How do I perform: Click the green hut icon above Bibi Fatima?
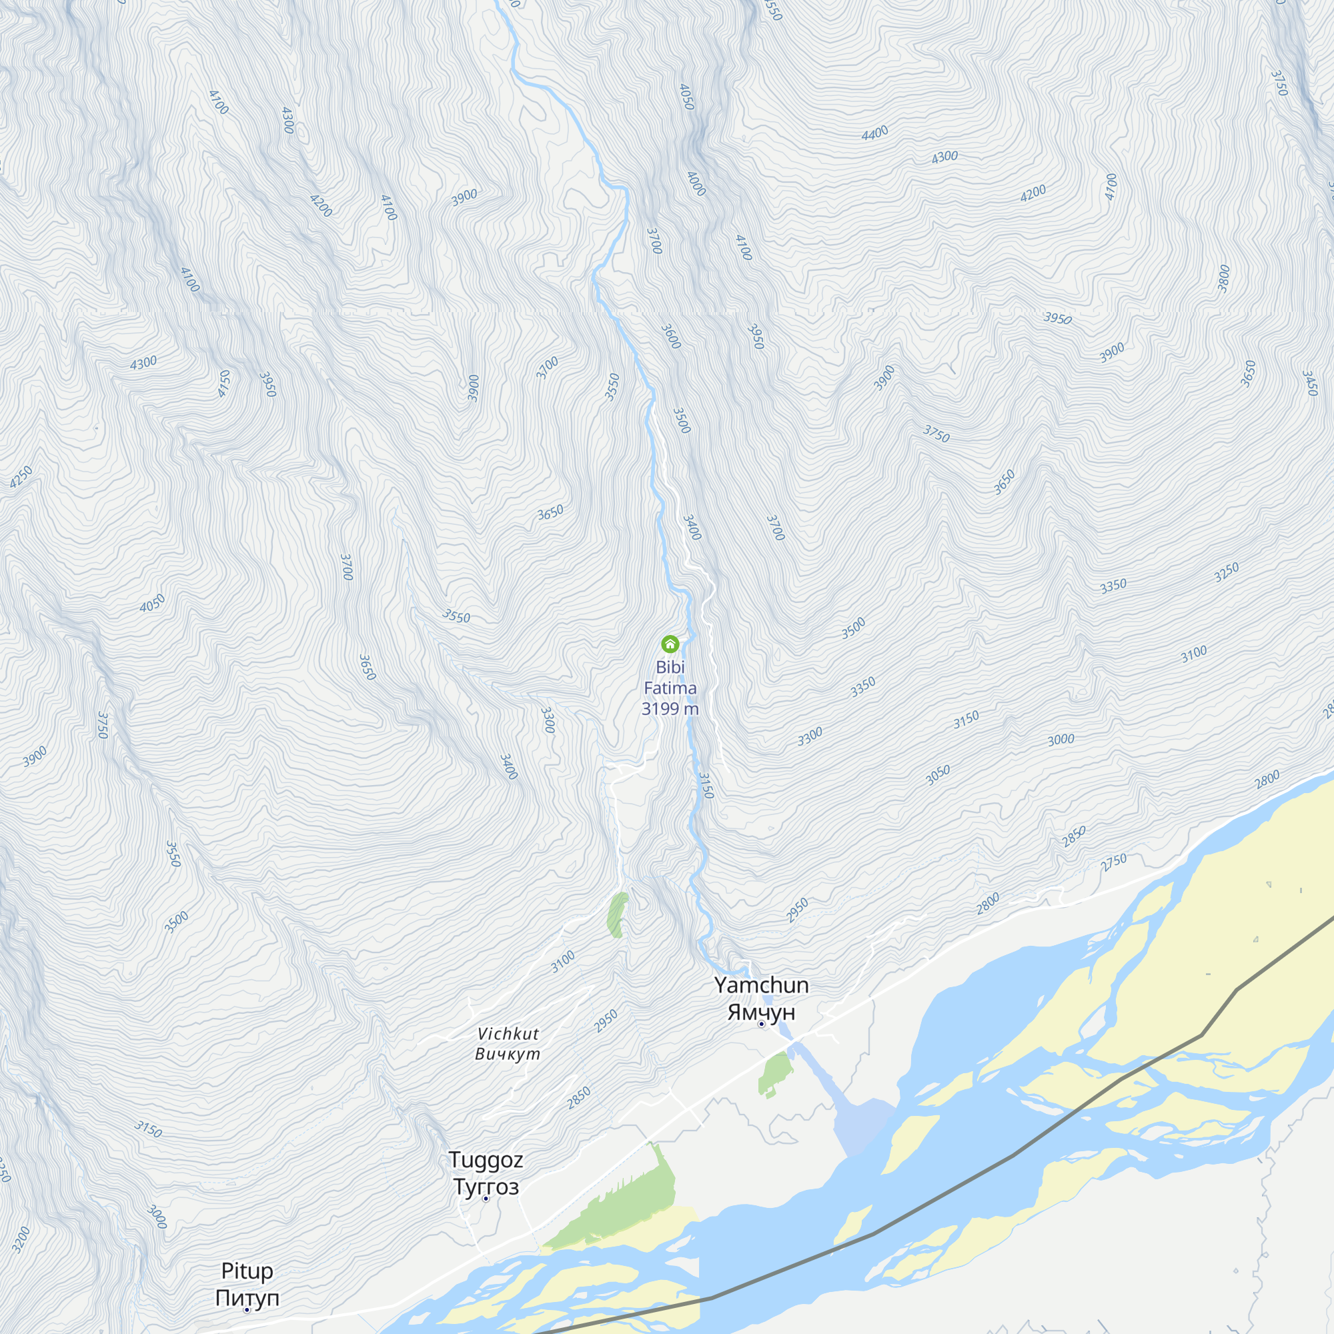point(670,644)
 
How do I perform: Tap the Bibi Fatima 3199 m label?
point(670,688)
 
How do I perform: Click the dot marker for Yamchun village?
point(762,1024)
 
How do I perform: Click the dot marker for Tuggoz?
point(486,1199)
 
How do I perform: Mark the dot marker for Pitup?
point(247,1310)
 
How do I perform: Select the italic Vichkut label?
point(508,1043)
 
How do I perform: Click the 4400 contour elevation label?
point(875,133)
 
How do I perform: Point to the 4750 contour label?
point(223,384)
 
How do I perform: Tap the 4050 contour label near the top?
point(686,97)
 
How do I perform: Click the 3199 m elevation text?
point(670,709)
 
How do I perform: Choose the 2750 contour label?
point(1114,862)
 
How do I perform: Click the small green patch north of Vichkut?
point(617,914)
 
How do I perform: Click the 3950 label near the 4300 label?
point(267,385)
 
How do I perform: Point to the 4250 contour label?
point(21,476)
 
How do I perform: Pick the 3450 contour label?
point(1310,384)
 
